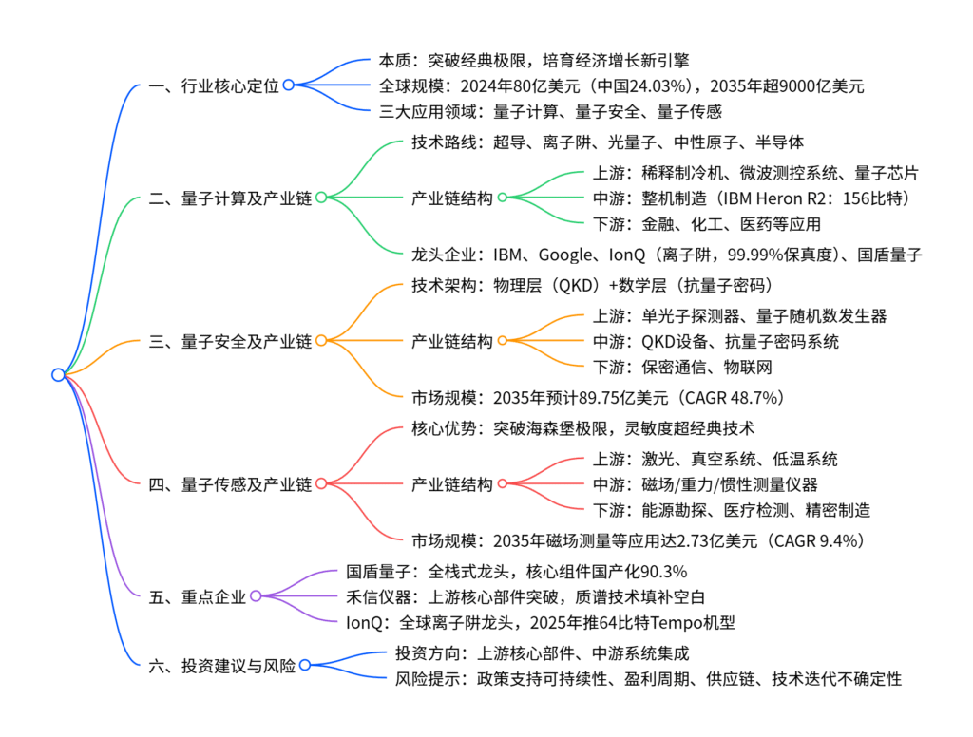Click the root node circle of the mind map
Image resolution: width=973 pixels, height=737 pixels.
pos(59,375)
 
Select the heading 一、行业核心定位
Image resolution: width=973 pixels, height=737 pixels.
pos(215,85)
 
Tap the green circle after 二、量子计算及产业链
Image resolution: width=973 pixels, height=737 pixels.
pos(321,198)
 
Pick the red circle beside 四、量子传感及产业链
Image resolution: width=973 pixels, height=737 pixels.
pos(321,484)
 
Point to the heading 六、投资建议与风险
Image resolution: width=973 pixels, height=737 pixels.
pos(222,665)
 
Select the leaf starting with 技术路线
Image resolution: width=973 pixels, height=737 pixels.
pos(608,142)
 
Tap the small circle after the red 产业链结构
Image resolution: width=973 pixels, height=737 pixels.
pos(503,484)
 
